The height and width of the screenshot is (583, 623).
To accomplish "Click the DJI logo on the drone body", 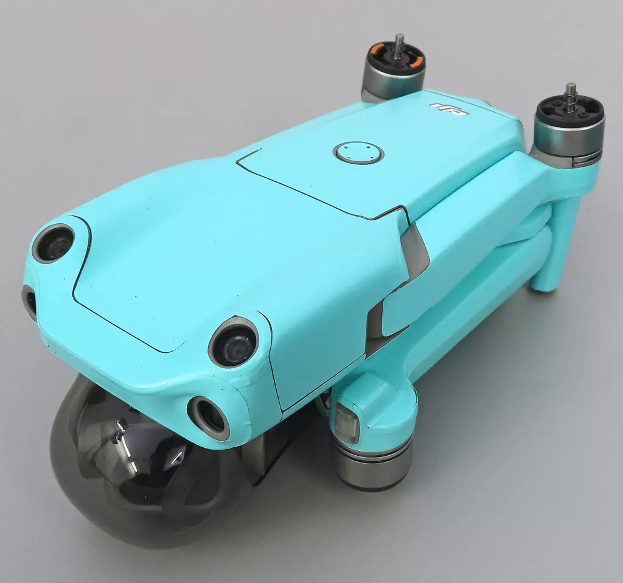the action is (x=450, y=109).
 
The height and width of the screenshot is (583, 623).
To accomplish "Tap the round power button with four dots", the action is (x=358, y=152).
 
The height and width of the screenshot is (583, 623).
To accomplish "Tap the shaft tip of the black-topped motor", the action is (x=572, y=86).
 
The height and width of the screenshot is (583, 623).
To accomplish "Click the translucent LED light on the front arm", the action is (x=347, y=421).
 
